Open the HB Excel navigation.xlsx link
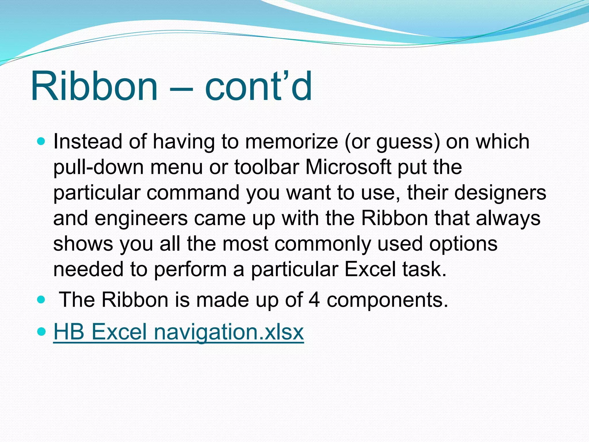pos(178,332)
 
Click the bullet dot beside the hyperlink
pos(41,332)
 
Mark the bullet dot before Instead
pos(41,141)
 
